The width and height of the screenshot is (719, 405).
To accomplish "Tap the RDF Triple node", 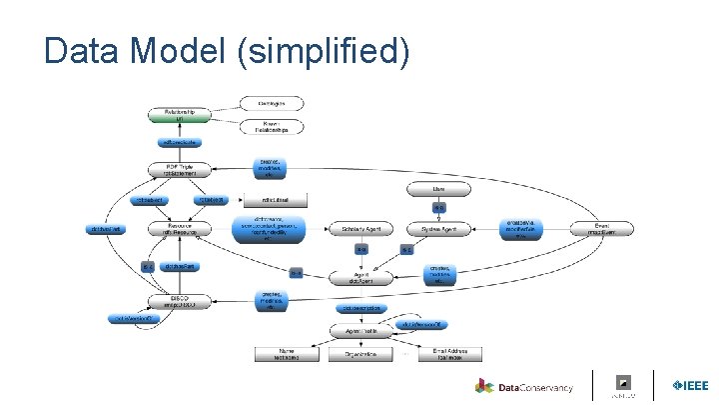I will point(180,169).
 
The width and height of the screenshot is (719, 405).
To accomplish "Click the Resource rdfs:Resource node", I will point(180,229).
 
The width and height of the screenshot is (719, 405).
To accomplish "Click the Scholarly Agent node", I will point(366,229).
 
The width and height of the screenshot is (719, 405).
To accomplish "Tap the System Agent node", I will point(438,229).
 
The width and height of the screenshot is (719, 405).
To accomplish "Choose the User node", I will point(438,188).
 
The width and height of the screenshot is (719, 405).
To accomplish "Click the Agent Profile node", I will point(366,330).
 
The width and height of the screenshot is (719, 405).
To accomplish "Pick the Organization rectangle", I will point(366,354).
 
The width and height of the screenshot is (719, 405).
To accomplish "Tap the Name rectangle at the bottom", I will point(288,354).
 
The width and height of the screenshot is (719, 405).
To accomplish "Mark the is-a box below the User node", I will point(438,208).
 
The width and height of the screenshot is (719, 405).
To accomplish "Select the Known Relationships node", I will point(272,126).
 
